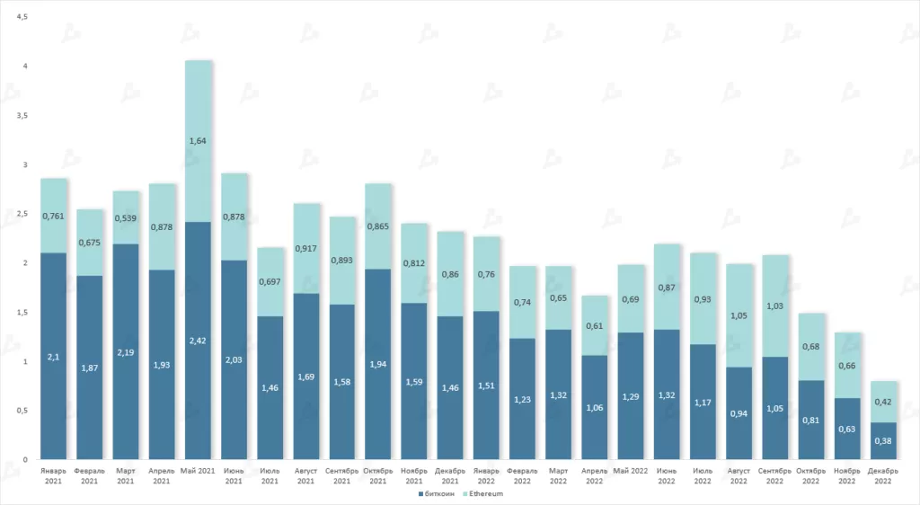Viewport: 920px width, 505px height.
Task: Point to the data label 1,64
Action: pyautogui.click(x=199, y=140)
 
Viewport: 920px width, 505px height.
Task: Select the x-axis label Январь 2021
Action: pyautogui.click(x=54, y=475)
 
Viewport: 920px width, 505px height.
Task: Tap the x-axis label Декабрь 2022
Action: pyautogui.click(x=884, y=475)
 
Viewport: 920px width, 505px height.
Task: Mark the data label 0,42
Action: pyautogui.click(x=884, y=401)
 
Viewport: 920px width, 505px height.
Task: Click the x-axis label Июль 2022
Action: pyautogui.click(x=703, y=475)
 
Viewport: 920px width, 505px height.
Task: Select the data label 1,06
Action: pyautogui.click(x=596, y=406)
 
